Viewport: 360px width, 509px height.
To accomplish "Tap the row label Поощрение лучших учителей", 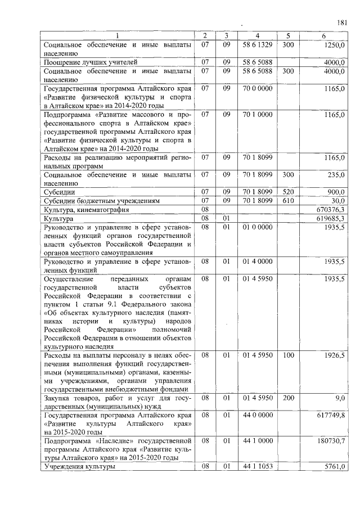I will click(89, 62).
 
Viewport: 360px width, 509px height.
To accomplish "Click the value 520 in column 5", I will click(289, 192).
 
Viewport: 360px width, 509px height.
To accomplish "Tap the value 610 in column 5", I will click(289, 200).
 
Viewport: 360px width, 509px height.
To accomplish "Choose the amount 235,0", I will click(336, 175).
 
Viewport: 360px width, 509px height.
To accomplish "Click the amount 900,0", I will click(336, 192).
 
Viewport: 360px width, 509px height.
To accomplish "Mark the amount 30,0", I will click(337, 200).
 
